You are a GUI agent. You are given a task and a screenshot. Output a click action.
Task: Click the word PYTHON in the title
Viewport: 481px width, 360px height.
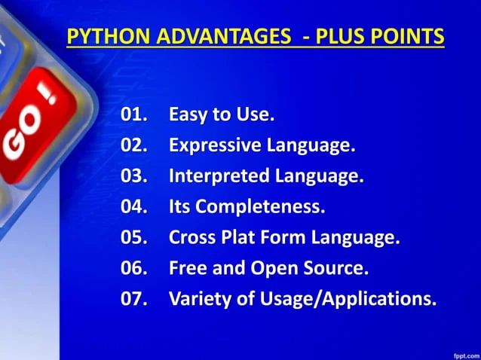[x=100, y=36]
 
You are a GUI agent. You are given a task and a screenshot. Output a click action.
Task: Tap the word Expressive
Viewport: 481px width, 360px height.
[x=215, y=146]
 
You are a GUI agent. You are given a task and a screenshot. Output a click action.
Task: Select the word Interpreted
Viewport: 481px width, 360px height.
[x=218, y=177]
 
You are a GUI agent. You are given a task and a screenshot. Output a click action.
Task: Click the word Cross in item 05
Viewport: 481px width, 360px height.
[x=192, y=238]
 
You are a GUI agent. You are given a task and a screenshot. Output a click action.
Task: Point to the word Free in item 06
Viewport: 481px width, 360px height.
[x=187, y=268]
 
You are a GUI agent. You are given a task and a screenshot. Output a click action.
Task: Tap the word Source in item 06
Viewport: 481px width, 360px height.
[x=337, y=268]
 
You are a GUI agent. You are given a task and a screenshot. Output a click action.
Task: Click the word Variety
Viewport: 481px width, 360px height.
[x=198, y=299]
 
